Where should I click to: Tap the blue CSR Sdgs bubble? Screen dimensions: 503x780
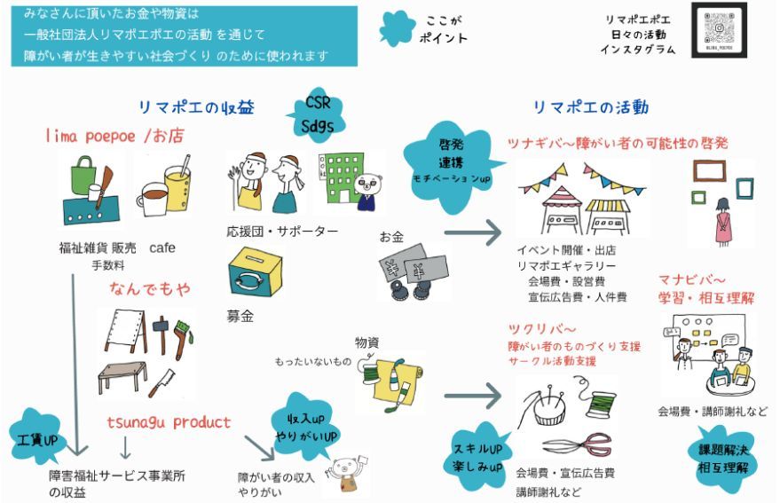click(x=319, y=115)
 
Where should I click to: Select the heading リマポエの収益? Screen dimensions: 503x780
click(x=196, y=107)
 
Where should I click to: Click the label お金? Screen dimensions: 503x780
click(x=391, y=237)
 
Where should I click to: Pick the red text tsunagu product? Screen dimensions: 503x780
click(x=169, y=421)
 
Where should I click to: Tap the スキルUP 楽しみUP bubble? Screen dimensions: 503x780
click(x=477, y=453)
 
